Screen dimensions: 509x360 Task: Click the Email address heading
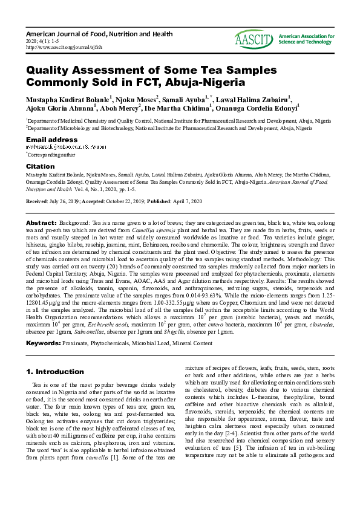click(x=51, y=140)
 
